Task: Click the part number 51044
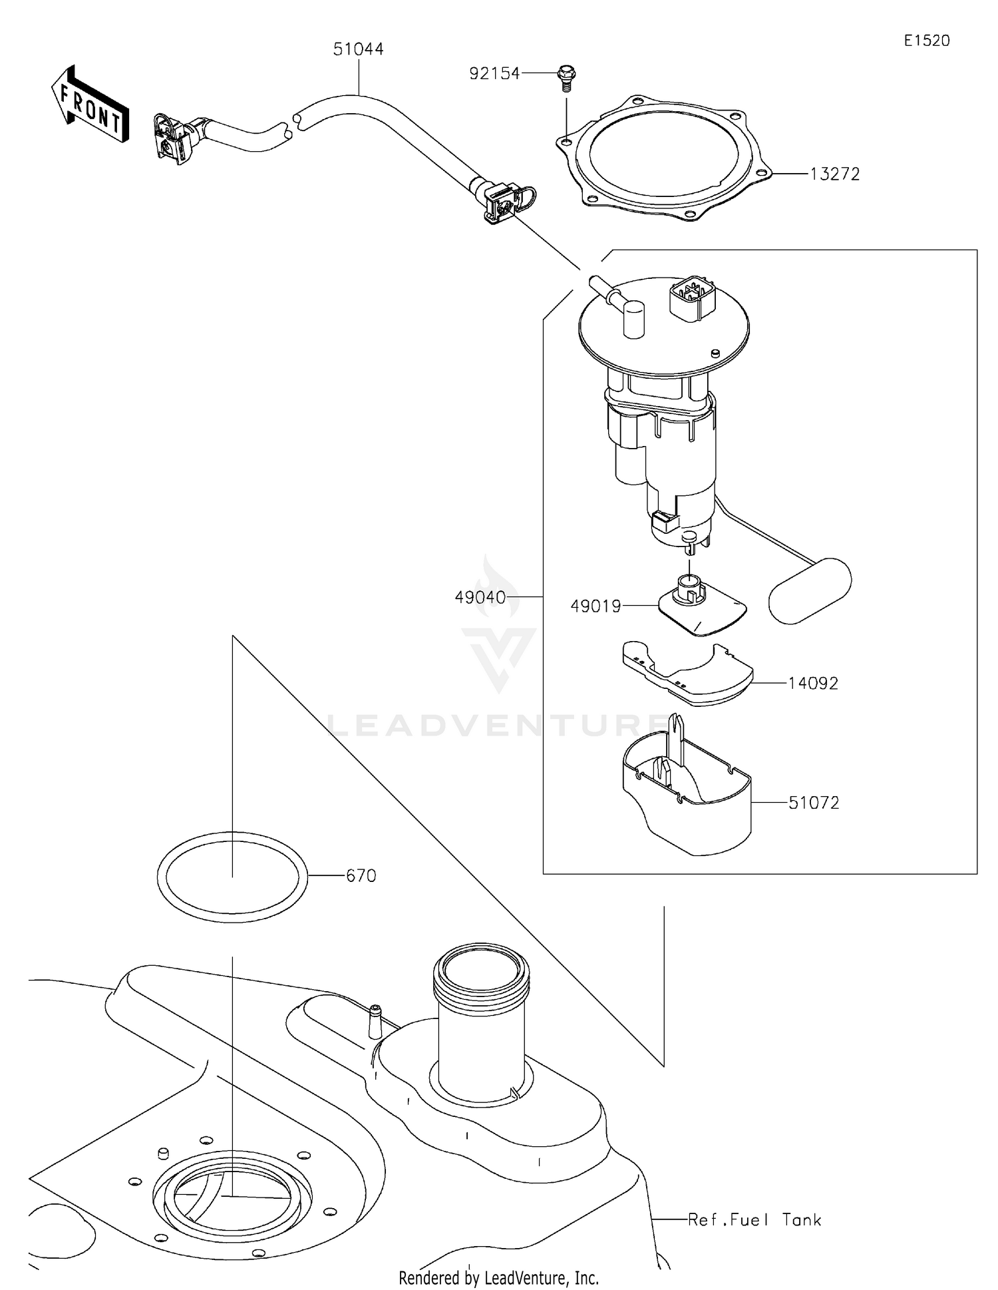click(358, 49)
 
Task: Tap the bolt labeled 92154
click(566, 77)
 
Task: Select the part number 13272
click(834, 174)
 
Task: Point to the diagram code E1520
click(926, 41)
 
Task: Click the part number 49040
click(480, 597)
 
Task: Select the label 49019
click(595, 606)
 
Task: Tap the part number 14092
click(813, 684)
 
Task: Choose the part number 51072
click(813, 803)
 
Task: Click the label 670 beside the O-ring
click(361, 876)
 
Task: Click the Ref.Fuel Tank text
click(754, 1219)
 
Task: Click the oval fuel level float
click(810, 590)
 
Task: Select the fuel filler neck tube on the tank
click(481, 1018)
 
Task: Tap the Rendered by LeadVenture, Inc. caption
click(498, 1277)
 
